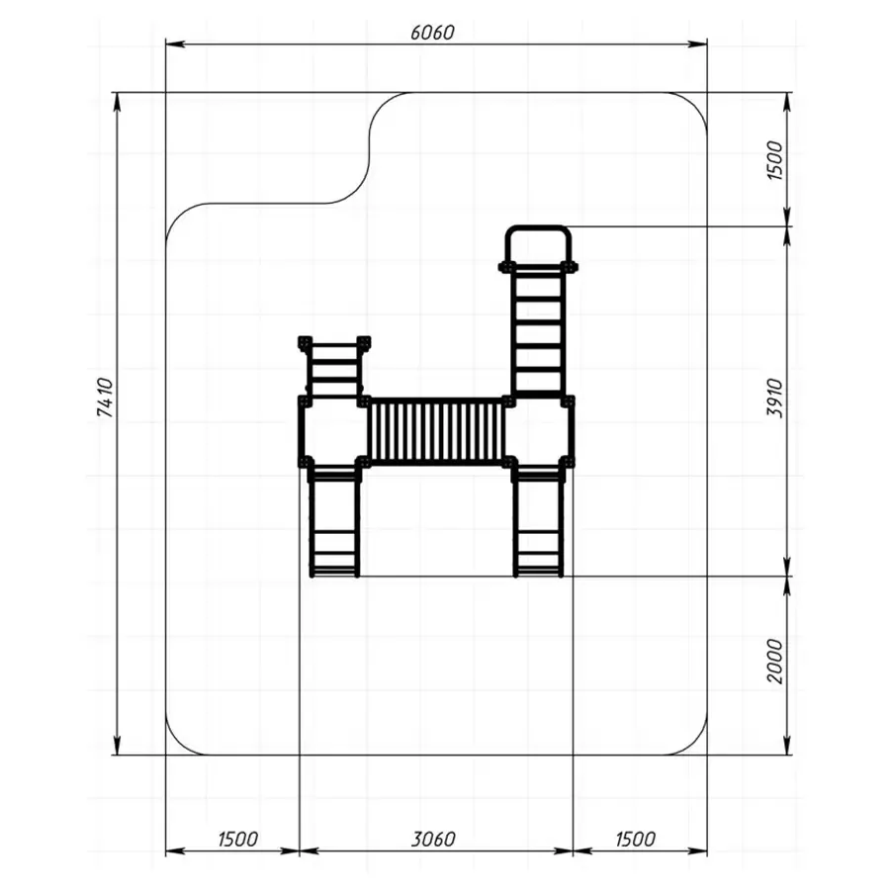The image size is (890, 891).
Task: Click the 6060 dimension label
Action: point(432,33)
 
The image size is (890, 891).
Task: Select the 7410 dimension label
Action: point(106,398)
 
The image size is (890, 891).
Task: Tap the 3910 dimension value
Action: point(774,398)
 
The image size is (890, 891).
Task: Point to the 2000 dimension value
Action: point(774,661)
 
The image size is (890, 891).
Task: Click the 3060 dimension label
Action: point(433,839)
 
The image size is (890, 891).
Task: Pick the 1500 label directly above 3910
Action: point(774,161)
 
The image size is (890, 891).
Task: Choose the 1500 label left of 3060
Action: point(238,839)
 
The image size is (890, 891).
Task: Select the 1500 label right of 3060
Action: point(636,839)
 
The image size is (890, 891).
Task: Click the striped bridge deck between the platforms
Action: point(436,432)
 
